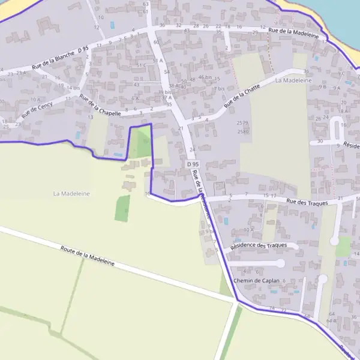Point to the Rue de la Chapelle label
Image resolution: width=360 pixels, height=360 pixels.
pyautogui.click(x=100, y=107)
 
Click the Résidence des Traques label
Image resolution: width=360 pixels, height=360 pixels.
pyautogui.click(x=264, y=245)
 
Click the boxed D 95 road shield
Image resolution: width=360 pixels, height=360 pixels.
pyautogui.click(x=192, y=164)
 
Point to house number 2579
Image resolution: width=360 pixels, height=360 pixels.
pyautogui.click(x=243, y=123)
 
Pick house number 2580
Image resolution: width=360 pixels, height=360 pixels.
pyautogui.click(x=243, y=131)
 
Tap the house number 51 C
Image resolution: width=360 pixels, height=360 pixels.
pyautogui.click(x=141, y=65)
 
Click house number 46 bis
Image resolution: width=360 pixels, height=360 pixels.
pyautogui.click(x=205, y=77)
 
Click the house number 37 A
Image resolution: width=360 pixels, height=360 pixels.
pyautogui.click(x=166, y=97)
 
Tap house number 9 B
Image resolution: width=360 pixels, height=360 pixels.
pyautogui.click(x=323, y=87)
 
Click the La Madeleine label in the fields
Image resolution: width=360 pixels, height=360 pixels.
pyautogui.click(x=71, y=193)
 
